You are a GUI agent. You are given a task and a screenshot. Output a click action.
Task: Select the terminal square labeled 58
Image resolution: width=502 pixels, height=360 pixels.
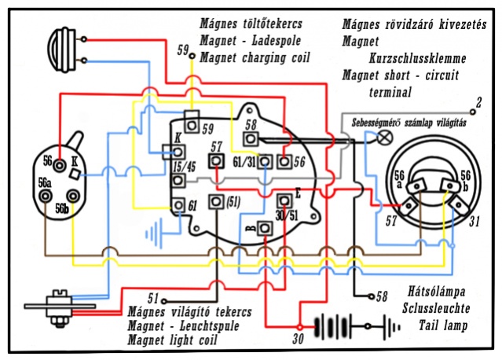(251, 138)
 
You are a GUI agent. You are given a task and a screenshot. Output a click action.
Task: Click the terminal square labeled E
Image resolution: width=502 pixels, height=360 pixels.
(284, 199)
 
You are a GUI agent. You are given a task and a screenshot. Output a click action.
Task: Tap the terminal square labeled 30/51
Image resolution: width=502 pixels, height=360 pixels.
(284, 199)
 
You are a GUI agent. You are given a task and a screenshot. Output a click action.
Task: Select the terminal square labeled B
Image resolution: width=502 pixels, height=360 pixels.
(265, 228)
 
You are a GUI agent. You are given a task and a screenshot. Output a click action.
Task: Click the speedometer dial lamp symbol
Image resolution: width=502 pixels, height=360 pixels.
(385, 138)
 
